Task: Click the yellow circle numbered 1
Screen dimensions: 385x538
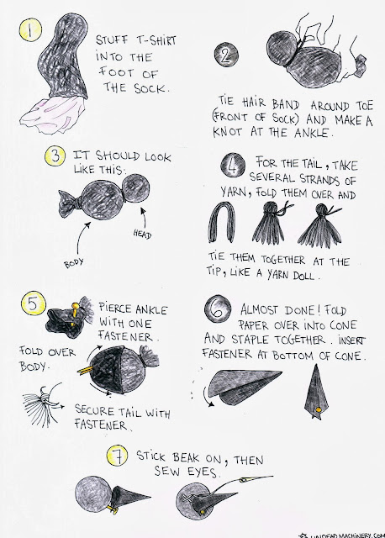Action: click(30, 29)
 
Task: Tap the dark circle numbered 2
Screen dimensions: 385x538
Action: click(226, 55)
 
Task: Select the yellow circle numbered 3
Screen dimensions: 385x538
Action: click(55, 156)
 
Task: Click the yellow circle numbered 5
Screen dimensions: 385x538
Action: click(34, 303)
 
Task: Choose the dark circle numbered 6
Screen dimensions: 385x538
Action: click(218, 309)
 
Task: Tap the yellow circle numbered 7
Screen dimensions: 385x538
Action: click(118, 456)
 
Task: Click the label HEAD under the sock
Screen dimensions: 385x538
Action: click(142, 235)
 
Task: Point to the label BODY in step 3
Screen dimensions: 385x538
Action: click(74, 263)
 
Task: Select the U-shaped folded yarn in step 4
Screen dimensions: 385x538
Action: click(222, 221)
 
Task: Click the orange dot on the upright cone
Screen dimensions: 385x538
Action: click(318, 409)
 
